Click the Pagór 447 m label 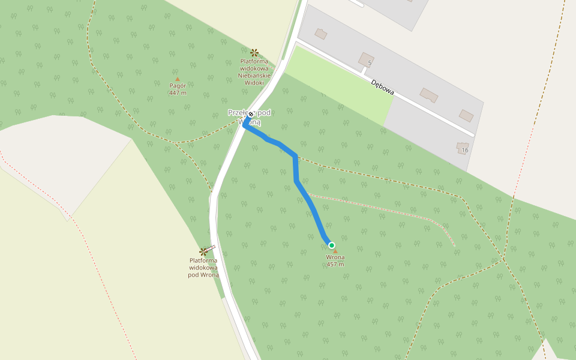tap(178, 89)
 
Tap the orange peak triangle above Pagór tap(177, 79)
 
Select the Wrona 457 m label tap(335, 260)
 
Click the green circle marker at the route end tap(331, 245)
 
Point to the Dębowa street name tap(382, 87)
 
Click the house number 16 tap(465, 150)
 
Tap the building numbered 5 tap(365, 59)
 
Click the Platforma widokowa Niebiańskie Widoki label tap(255, 71)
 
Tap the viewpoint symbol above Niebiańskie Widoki tap(254, 52)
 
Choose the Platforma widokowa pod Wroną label tap(203, 268)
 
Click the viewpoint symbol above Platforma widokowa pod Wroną tap(203, 251)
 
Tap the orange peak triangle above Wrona tap(335, 251)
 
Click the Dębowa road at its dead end tap(472, 134)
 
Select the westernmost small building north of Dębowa tap(321, 34)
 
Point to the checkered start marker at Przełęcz tap(250, 116)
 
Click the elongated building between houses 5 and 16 tap(429, 95)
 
